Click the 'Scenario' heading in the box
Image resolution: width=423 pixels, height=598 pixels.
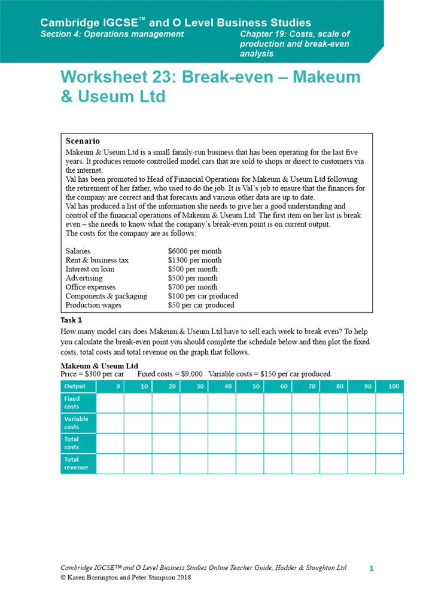point(83,142)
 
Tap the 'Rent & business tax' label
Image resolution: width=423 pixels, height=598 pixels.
point(97,260)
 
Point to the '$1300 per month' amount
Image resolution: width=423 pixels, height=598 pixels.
point(194,260)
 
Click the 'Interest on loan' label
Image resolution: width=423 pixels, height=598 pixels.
point(90,269)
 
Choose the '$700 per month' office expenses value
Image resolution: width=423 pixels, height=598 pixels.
point(193,287)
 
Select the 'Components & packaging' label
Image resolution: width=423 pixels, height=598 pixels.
point(106,296)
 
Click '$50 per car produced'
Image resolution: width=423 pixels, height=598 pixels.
point(201,305)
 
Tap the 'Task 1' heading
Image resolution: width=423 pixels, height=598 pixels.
point(71,320)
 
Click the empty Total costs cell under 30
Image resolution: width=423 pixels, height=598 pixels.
point(194,443)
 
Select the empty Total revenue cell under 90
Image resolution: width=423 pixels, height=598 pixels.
point(361,463)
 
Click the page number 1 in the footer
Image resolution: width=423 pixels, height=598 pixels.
point(371,568)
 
